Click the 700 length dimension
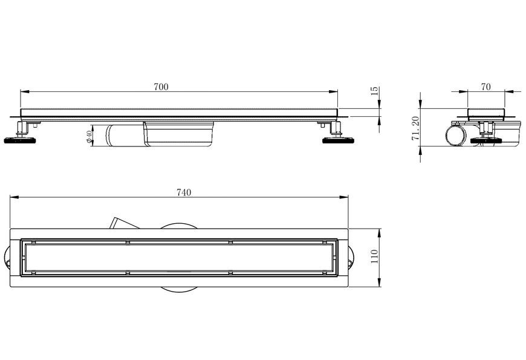coord(161,87)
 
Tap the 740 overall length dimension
coord(184,192)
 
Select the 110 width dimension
coord(375,256)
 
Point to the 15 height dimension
coord(375,91)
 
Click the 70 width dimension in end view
coord(485,87)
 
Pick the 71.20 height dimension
coord(415,128)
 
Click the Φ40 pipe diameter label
coord(89,136)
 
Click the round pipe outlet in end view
coord(455,136)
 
